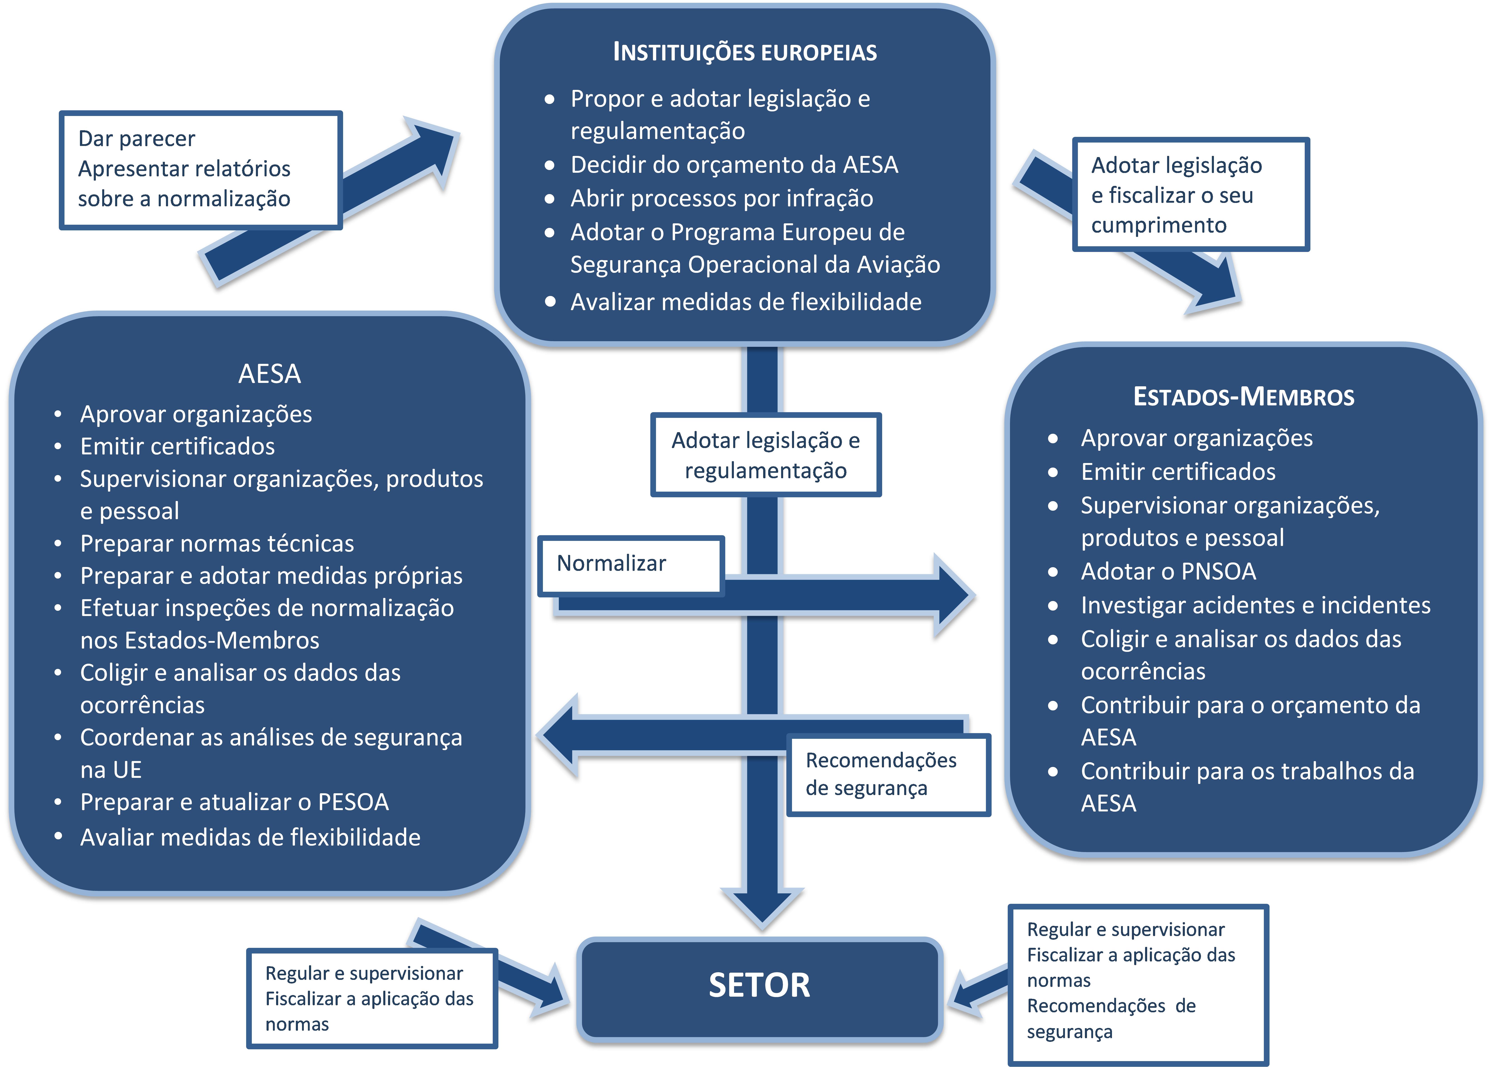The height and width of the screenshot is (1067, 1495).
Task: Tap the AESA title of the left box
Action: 270,374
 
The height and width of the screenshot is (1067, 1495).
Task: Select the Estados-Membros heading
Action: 1243,397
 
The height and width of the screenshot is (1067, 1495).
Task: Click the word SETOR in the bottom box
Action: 759,985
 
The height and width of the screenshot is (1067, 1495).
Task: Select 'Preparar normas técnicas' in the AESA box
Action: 217,543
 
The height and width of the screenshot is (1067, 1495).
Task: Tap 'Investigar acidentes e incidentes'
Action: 1255,605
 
